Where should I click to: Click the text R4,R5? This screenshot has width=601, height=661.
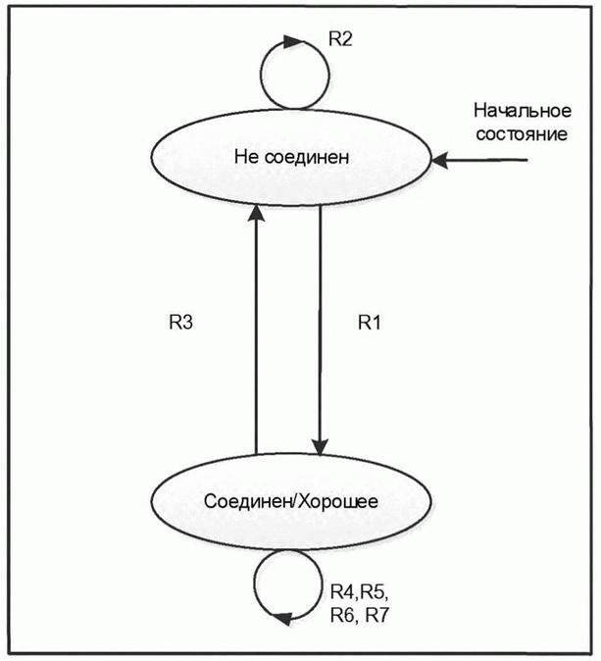pyautogui.click(x=358, y=591)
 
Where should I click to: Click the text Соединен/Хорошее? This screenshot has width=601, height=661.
pyautogui.click(x=291, y=500)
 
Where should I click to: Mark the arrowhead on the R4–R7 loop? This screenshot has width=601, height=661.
pyautogui.click(x=283, y=618)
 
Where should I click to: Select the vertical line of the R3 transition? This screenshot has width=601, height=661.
pyautogui.click(x=255, y=333)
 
